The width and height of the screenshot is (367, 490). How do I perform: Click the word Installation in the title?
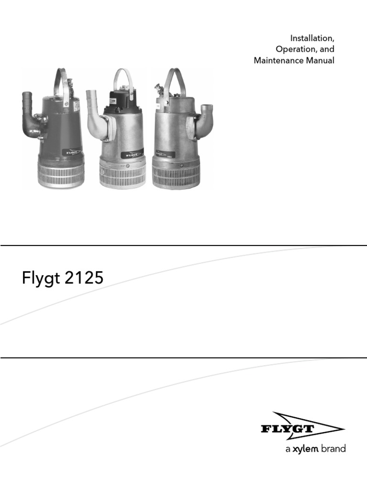pyautogui.click(x=312, y=38)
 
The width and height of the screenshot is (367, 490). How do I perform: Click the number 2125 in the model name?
pyautogui.click(x=84, y=278)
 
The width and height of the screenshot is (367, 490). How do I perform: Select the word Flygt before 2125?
pyautogui.click(x=41, y=278)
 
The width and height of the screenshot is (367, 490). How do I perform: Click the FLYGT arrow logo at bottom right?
pyautogui.click(x=302, y=426)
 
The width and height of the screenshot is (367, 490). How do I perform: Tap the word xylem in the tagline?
pyautogui.click(x=305, y=449)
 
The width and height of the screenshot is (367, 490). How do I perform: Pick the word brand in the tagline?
pyautogui.click(x=333, y=449)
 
